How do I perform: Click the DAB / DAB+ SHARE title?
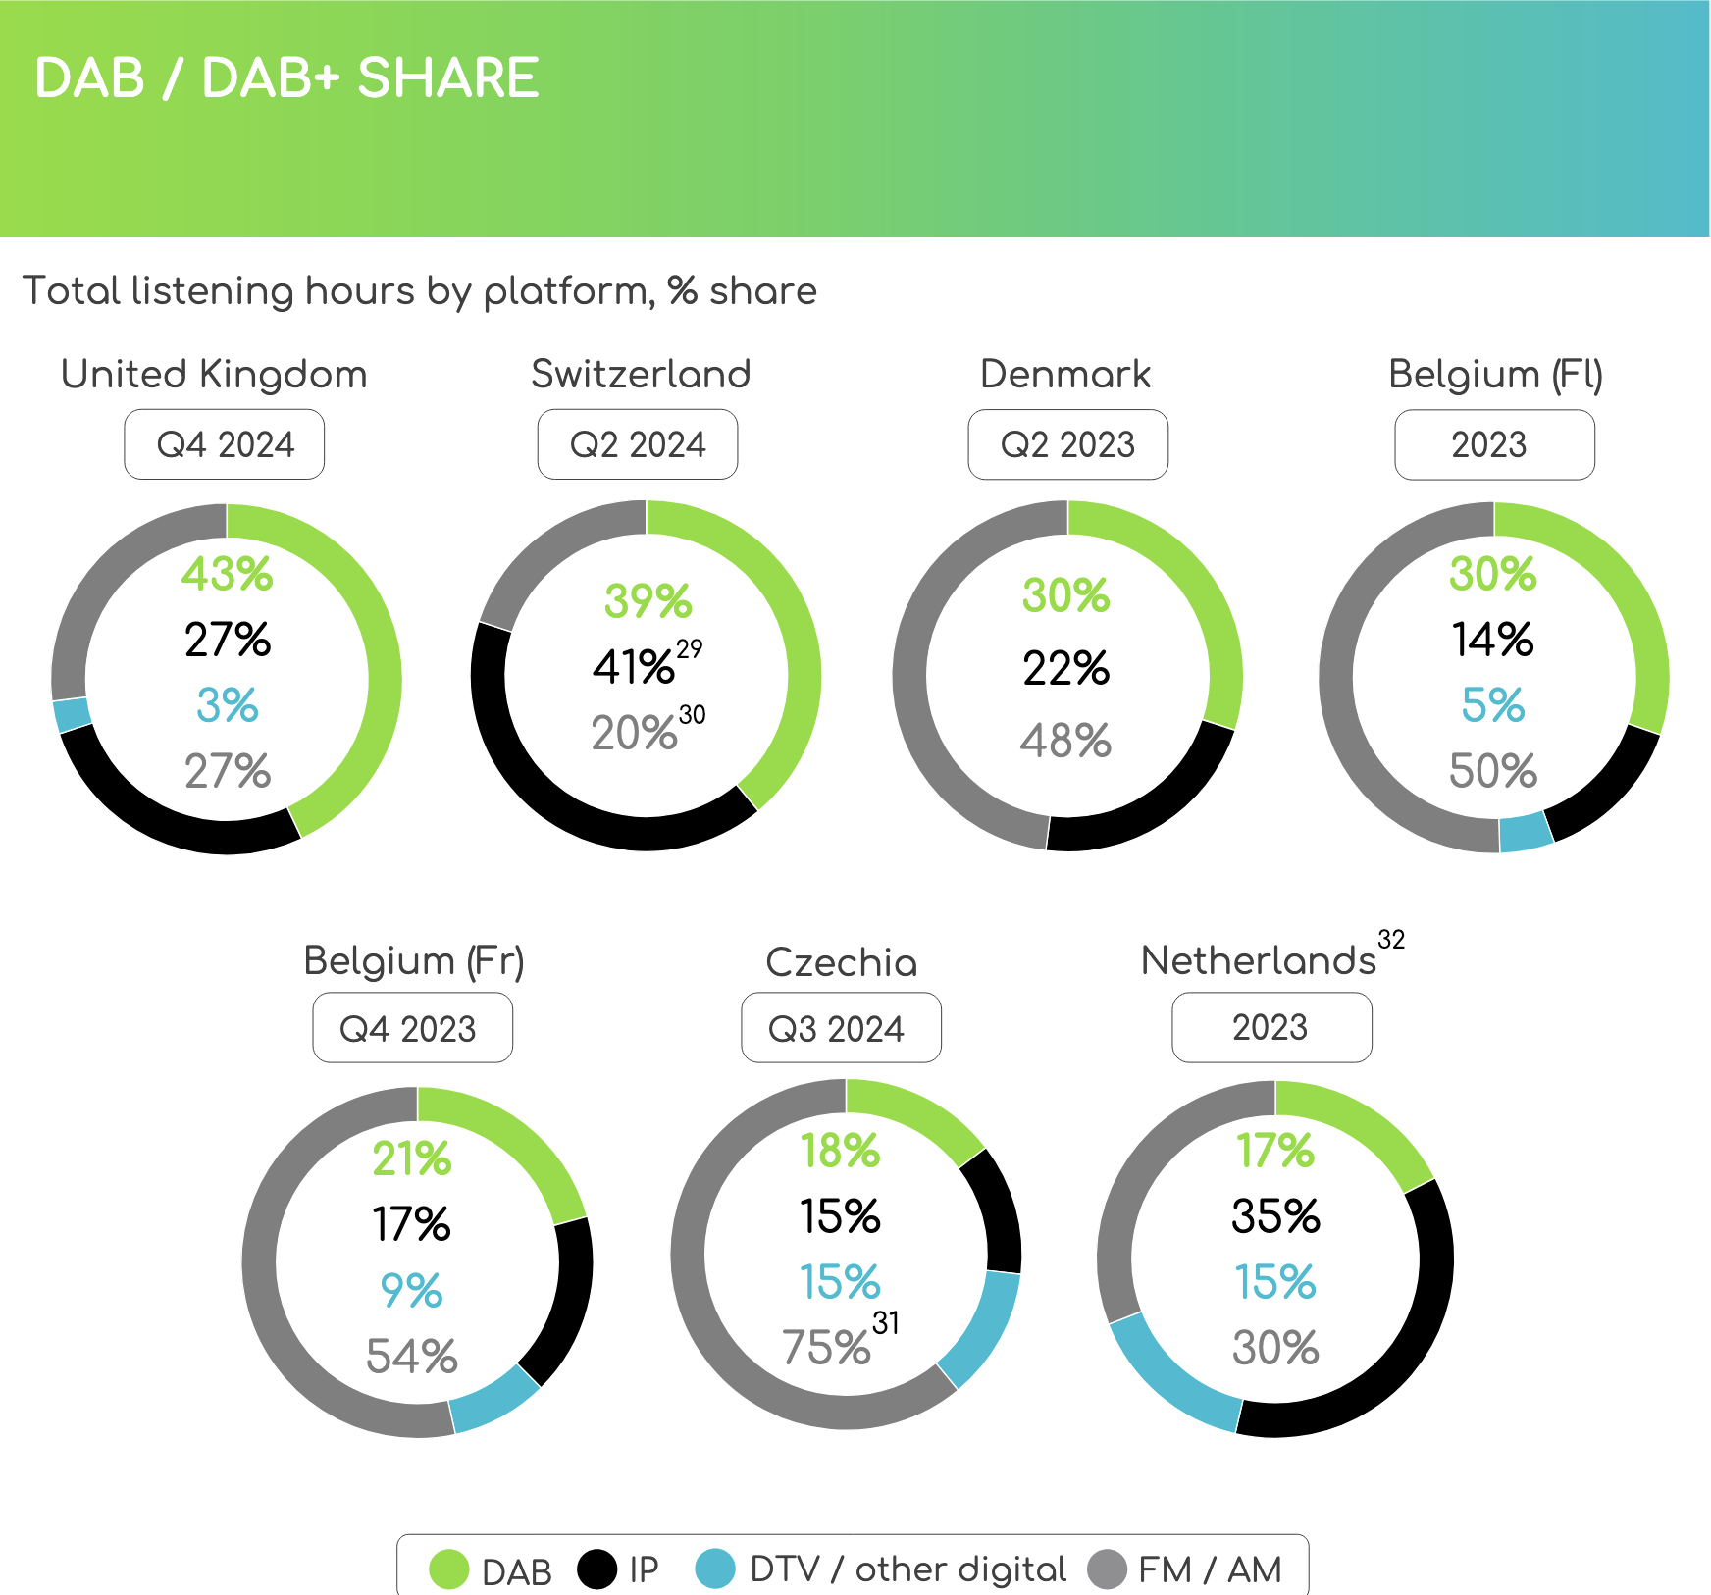(286, 78)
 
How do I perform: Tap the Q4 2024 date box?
(225, 444)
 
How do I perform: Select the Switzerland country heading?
(641, 374)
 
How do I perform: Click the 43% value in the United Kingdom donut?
(227, 574)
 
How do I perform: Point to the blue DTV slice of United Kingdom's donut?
(72, 714)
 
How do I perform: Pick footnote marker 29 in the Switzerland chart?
(690, 648)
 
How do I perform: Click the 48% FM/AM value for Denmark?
(1065, 741)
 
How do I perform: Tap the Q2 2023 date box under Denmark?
(1067, 444)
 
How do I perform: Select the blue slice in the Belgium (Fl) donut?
(1526, 832)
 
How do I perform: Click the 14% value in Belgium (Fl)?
(1492, 640)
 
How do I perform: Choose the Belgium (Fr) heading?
(414, 960)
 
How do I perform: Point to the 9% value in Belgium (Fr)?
(411, 1290)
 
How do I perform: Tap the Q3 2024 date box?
(841, 1028)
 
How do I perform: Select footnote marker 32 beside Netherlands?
(1391, 940)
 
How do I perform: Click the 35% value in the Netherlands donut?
(1275, 1216)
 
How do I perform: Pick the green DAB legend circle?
(449, 1569)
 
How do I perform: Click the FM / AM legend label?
(1210, 1569)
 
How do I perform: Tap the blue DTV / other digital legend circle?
(714, 1569)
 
